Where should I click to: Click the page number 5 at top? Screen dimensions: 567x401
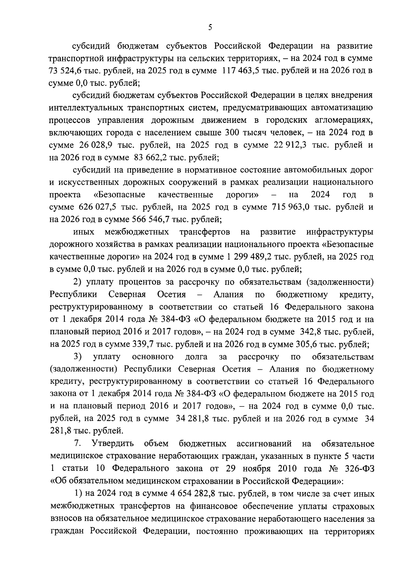pos(210,28)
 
